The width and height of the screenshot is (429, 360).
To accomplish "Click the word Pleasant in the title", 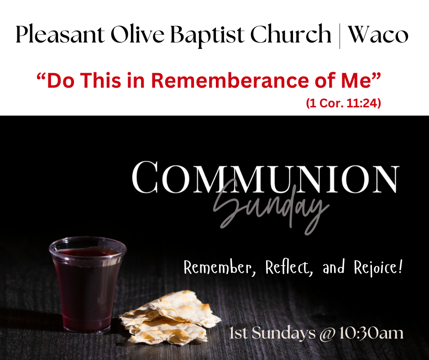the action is (60, 35).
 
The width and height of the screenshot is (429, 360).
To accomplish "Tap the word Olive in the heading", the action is (137, 35).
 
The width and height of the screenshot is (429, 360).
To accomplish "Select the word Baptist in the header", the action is (207, 36).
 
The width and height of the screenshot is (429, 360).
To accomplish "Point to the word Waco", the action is (377, 35).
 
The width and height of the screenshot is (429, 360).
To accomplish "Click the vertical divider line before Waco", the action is (340, 36).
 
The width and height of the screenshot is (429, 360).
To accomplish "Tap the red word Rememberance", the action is (230, 80).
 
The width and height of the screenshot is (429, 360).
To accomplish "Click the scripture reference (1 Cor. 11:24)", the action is (343, 103).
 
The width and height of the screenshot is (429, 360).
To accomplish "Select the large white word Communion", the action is (266, 178).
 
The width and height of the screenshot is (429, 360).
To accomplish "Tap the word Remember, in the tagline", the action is (218, 267).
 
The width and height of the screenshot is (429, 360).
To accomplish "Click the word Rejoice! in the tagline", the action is (378, 267).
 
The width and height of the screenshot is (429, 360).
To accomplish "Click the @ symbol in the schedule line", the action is (327, 334).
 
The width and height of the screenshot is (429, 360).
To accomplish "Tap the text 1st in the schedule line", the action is (239, 333).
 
